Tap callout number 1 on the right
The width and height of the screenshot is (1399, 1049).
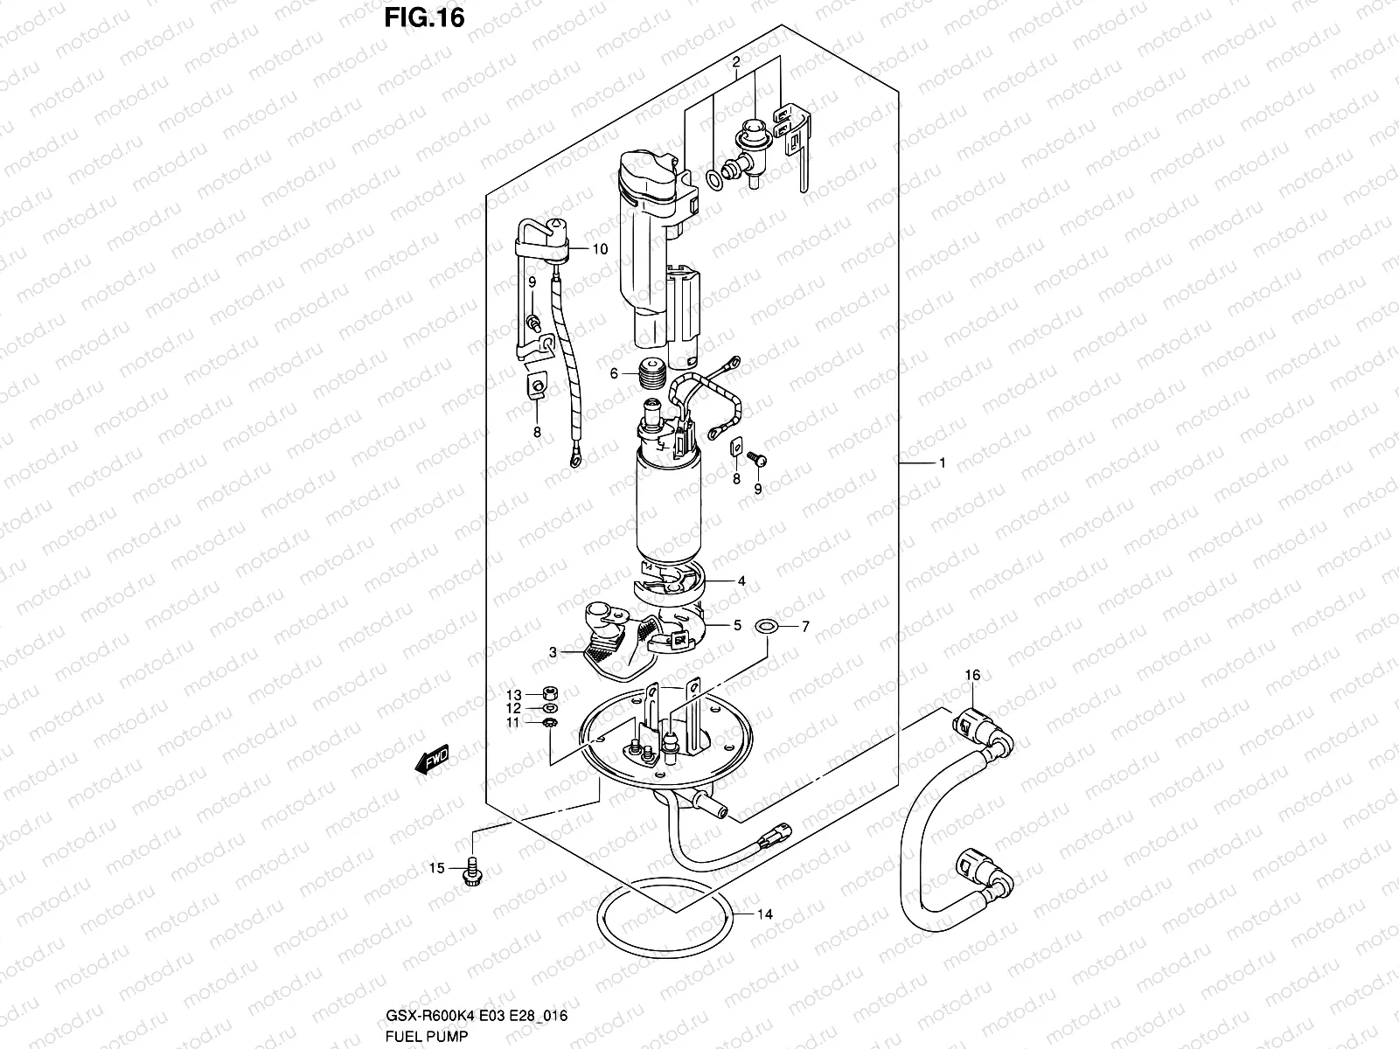tap(943, 462)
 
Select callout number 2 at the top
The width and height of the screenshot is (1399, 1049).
tap(736, 62)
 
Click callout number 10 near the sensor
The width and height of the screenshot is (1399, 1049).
tap(599, 249)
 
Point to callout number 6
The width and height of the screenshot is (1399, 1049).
tap(615, 373)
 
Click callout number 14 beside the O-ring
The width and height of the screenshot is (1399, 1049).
tap(765, 915)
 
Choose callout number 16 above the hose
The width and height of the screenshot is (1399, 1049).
tap(972, 674)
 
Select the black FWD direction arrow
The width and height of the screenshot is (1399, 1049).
tap(432, 761)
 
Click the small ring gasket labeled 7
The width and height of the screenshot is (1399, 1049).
tap(768, 627)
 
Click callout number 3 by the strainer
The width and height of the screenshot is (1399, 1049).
tap(553, 651)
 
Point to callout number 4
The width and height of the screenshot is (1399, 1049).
tap(741, 580)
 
